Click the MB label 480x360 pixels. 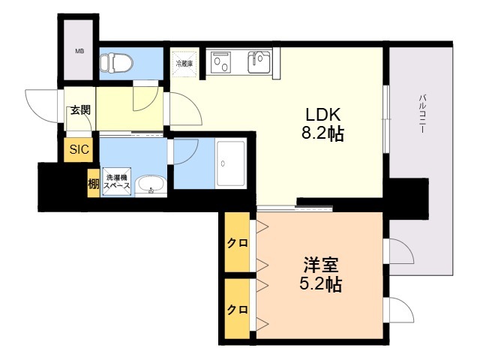point(79,52)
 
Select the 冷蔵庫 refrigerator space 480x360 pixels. point(184,64)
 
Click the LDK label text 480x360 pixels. point(322,115)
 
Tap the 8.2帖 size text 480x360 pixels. point(322,135)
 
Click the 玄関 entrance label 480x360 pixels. point(79,110)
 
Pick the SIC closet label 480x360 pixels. point(79,149)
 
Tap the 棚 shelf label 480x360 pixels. point(93,184)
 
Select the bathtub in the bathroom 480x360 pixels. point(230,164)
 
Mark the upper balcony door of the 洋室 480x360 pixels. point(398,251)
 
